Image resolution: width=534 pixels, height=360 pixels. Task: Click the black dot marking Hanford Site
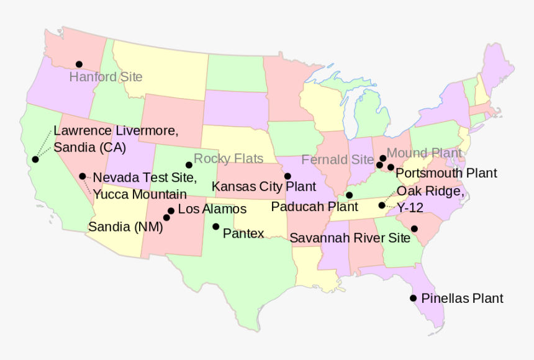point(79,64)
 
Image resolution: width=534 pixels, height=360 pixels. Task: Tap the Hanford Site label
point(106,77)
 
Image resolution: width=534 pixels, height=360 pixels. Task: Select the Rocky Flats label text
point(228,158)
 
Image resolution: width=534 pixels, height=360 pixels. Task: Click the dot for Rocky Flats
point(189,165)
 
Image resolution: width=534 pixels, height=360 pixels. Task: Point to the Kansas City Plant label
point(264,186)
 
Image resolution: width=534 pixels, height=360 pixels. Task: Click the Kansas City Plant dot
point(287,176)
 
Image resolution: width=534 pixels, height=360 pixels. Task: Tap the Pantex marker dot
point(215,227)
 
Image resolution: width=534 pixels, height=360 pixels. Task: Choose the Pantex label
point(243,233)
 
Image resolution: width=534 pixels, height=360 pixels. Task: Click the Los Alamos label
point(212,209)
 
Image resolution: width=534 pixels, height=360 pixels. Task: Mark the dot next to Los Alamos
point(171,210)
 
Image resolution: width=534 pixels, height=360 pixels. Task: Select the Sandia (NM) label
point(125,227)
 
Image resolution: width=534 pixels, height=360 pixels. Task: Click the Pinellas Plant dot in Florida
point(413,298)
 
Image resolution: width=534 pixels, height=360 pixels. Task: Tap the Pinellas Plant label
point(462,299)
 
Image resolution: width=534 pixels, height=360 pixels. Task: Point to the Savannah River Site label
point(350,238)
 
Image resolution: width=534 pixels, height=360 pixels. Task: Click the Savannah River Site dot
point(414,229)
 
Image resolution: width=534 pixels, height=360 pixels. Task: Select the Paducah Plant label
point(314,206)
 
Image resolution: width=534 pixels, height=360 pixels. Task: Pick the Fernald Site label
point(337,160)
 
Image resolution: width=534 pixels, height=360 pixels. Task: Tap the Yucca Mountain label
point(140,194)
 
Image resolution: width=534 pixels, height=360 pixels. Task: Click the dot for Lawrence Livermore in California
point(35,160)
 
